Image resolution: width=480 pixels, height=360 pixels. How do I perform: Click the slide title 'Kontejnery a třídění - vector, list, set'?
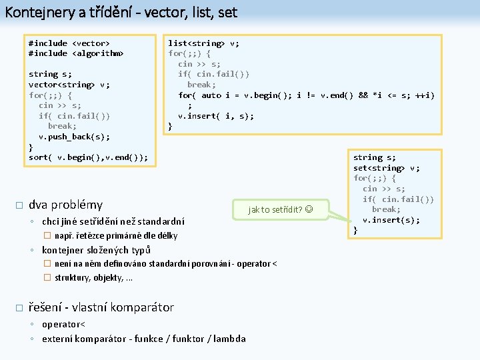[121, 12]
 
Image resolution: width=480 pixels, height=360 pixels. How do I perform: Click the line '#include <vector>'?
[69, 43]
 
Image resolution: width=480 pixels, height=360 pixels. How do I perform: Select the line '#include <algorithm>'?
[75, 53]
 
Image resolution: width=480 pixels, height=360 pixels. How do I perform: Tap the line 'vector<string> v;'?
[69, 85]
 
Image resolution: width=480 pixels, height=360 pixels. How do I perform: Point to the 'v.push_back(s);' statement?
[74, 137]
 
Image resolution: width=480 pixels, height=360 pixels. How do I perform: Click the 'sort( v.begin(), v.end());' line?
[88, 157]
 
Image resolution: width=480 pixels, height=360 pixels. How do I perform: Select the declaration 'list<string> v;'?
[203, 43]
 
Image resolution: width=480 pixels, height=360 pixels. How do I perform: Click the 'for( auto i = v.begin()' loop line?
[306, 95]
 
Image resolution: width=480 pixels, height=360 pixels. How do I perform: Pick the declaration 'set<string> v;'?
[386, 168]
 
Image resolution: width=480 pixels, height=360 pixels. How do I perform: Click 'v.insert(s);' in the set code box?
[391, 220]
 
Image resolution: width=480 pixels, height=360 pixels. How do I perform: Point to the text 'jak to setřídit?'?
[275, 210]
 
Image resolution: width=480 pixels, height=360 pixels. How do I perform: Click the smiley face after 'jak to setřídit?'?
[307, 210]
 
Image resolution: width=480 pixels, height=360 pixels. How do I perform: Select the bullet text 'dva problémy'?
[65, 205]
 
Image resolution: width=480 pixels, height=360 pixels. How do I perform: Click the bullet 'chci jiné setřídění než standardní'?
[113, 221]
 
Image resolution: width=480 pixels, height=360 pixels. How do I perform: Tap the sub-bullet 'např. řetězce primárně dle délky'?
[116, 235]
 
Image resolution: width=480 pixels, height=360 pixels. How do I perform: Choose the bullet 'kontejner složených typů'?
[96, 250]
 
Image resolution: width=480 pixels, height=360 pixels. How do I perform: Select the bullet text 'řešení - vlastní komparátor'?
[101, 307]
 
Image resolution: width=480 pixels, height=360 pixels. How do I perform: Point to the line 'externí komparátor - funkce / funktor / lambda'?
[143, 339]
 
